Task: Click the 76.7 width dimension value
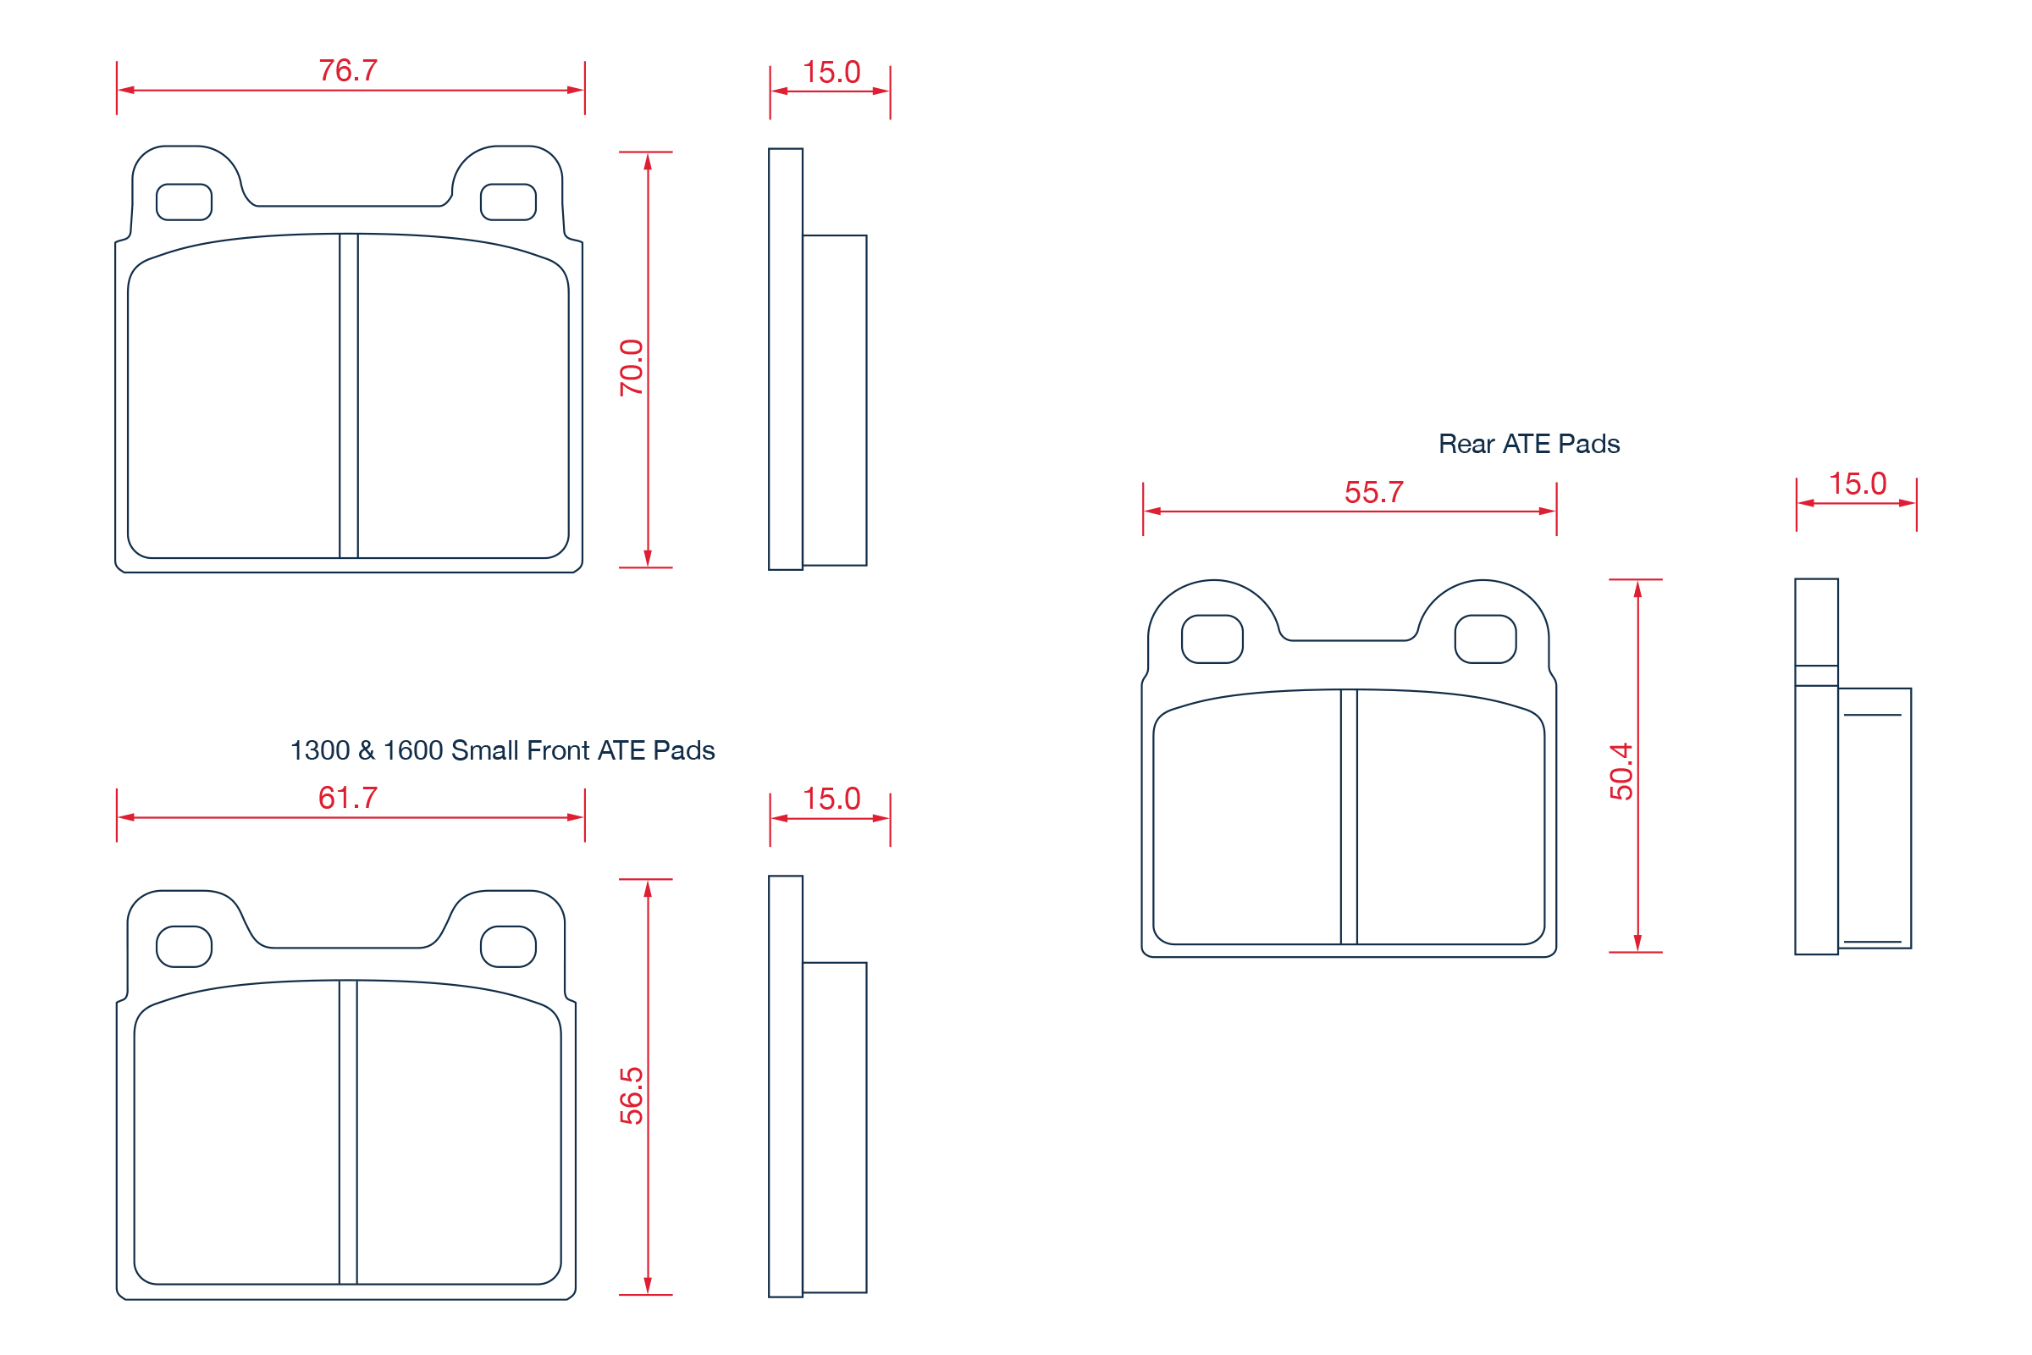coord(348,71)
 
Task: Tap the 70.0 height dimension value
coord(632,368)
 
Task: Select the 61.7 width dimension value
coord(348,798)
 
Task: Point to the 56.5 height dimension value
coord(632,1096)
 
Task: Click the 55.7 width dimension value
coord(1373,493)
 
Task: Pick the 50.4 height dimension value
coord(1621,772)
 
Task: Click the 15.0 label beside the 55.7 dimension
coord(1858,484)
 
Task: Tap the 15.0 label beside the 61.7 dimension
coord(831,799)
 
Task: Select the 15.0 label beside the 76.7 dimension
coord(831,72)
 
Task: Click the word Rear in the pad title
coord(1466,444)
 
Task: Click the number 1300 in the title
coord(320,750)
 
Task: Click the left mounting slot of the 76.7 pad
coord(184,202)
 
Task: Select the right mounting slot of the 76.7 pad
coord(508,202)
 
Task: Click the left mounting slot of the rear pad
coord(1212,639)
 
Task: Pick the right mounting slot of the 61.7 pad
coord(508,946)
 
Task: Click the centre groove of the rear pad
coord(1349,816)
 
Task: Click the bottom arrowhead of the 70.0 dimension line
coord(648,557)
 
